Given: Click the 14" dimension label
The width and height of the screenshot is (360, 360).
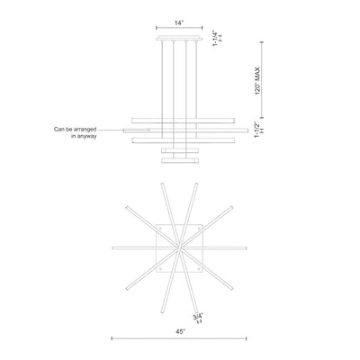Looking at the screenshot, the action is pyautogui.click(x=179, y=22).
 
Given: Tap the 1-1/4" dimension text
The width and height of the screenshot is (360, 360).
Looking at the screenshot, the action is pyautogui.click(x=215, y=38).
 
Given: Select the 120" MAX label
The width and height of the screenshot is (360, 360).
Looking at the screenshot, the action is pyautogui.click(x=257, y=81).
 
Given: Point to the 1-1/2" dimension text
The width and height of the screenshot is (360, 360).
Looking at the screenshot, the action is pyautogui.click(x=257, y=130).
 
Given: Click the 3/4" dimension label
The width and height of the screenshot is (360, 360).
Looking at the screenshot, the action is pyautogui.click(x=198, y=316).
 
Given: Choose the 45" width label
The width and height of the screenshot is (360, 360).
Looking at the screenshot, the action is pyautogui.click(x=180, y=331).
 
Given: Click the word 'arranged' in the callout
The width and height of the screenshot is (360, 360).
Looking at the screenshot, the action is pyautogui.click(x=85, y=130).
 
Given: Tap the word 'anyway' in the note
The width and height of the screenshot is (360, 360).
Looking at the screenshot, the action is pyautogui.click(x=87, y=136).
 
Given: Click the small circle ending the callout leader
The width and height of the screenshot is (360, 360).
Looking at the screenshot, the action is pyautogui.click(x=148, y=130).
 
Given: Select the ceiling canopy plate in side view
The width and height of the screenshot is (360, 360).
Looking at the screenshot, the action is pyautogui.click(x=179, y=38).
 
